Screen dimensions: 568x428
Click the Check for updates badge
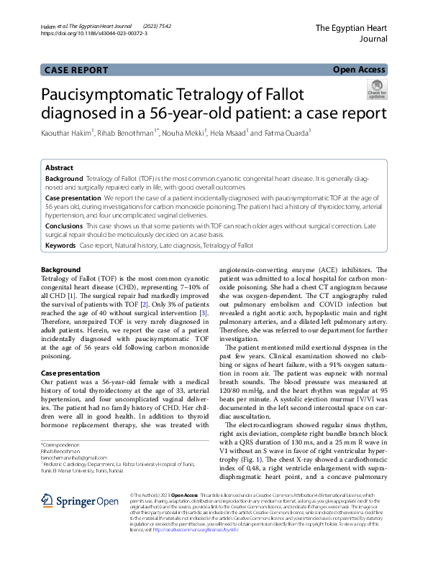coord(376,90)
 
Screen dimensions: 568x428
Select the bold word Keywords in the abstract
coord(60,246)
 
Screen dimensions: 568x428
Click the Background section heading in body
coord(60,269)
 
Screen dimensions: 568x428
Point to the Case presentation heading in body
coord(70,373)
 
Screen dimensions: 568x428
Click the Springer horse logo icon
coord(47,480)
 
